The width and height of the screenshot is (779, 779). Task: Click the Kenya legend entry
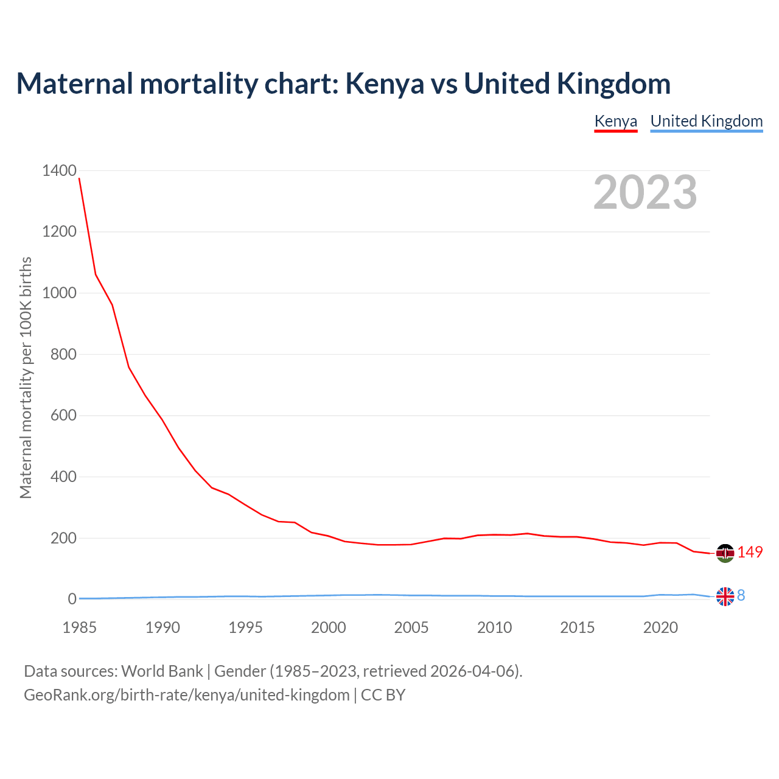[x=615, y=121]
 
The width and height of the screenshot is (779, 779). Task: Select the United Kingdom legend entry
[x=706, y=121]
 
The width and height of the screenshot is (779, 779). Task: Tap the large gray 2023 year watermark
[x=645, y=192]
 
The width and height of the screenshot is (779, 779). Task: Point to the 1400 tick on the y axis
[x=59, y=170]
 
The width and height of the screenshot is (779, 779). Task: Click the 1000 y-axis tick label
[x=59, y=293]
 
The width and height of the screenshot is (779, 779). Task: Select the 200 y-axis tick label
[x=63, y=538]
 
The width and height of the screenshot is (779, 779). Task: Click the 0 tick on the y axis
[x=72, y=599]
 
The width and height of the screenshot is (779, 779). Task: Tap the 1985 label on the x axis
[x=79, y=627]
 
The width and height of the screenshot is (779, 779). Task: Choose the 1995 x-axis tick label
[x=245, y=627]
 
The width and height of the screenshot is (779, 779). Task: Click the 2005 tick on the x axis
[x=411, y=627]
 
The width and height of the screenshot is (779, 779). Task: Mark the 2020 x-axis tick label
[x=660, y=627]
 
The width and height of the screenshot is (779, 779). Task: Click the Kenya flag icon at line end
[x=725, y=553]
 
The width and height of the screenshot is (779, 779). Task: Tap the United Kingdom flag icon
[x=725, y=597]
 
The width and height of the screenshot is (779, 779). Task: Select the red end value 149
[x=750, y=552]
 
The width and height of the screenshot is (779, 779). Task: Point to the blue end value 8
[x=741, y=596]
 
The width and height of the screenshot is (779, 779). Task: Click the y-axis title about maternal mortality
[x=26, y=377]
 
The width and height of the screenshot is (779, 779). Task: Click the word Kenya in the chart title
[x=385, y=84]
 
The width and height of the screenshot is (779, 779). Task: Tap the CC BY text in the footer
[x=383, y=695]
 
